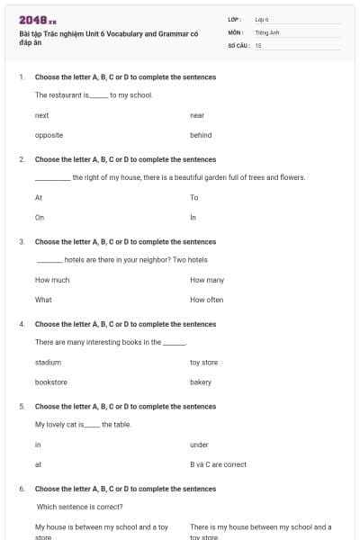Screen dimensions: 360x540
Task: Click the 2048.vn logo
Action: coord(38,20)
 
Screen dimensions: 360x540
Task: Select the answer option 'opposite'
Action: coord(49,135)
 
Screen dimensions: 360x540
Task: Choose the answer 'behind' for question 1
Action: coord(201,135)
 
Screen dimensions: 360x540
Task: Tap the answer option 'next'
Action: coord(41,115)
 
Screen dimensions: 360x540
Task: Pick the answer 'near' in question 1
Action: coord(197,115)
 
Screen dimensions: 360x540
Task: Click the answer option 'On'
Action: coord(40,217)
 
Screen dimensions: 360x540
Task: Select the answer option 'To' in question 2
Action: coord(193,197)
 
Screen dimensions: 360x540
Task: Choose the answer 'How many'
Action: coord(207,280)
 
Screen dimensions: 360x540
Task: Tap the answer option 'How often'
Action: coord(206,300)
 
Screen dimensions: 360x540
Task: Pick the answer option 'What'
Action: coord(43,300)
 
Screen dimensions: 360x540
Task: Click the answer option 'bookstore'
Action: coord(51,382)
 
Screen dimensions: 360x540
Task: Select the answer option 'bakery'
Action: coord(201,382)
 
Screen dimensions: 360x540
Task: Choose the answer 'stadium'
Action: coord(48,362)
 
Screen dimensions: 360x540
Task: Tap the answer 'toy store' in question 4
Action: coord(203,362)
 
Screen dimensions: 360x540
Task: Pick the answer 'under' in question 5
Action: coord(199,445)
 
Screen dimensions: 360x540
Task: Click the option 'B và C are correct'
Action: coord(218,464)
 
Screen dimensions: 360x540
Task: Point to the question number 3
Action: coord(22,241)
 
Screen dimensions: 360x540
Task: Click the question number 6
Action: coord(22,489)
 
